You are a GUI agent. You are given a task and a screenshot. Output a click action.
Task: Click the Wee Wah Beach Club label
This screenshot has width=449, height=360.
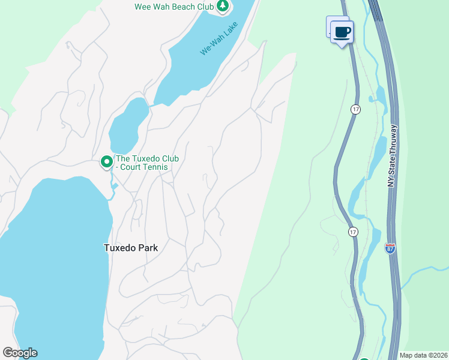coord(174,7)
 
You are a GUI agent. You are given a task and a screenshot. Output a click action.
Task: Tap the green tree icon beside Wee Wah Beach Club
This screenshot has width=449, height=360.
coord(223,7)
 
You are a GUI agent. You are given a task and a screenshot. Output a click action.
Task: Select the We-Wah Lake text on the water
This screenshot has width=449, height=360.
coord(218,38)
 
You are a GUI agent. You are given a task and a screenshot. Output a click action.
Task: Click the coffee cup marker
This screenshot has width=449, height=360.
coord(342,32)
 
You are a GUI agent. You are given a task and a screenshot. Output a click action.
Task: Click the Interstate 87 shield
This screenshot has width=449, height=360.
coord(390,248)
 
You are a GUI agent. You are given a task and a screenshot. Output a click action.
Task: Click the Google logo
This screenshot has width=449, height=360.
coord(20,353)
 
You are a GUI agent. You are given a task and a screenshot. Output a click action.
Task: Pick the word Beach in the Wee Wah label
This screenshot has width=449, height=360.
coord(176,7)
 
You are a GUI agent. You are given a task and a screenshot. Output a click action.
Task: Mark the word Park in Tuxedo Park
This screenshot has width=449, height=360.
coord(148,247)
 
